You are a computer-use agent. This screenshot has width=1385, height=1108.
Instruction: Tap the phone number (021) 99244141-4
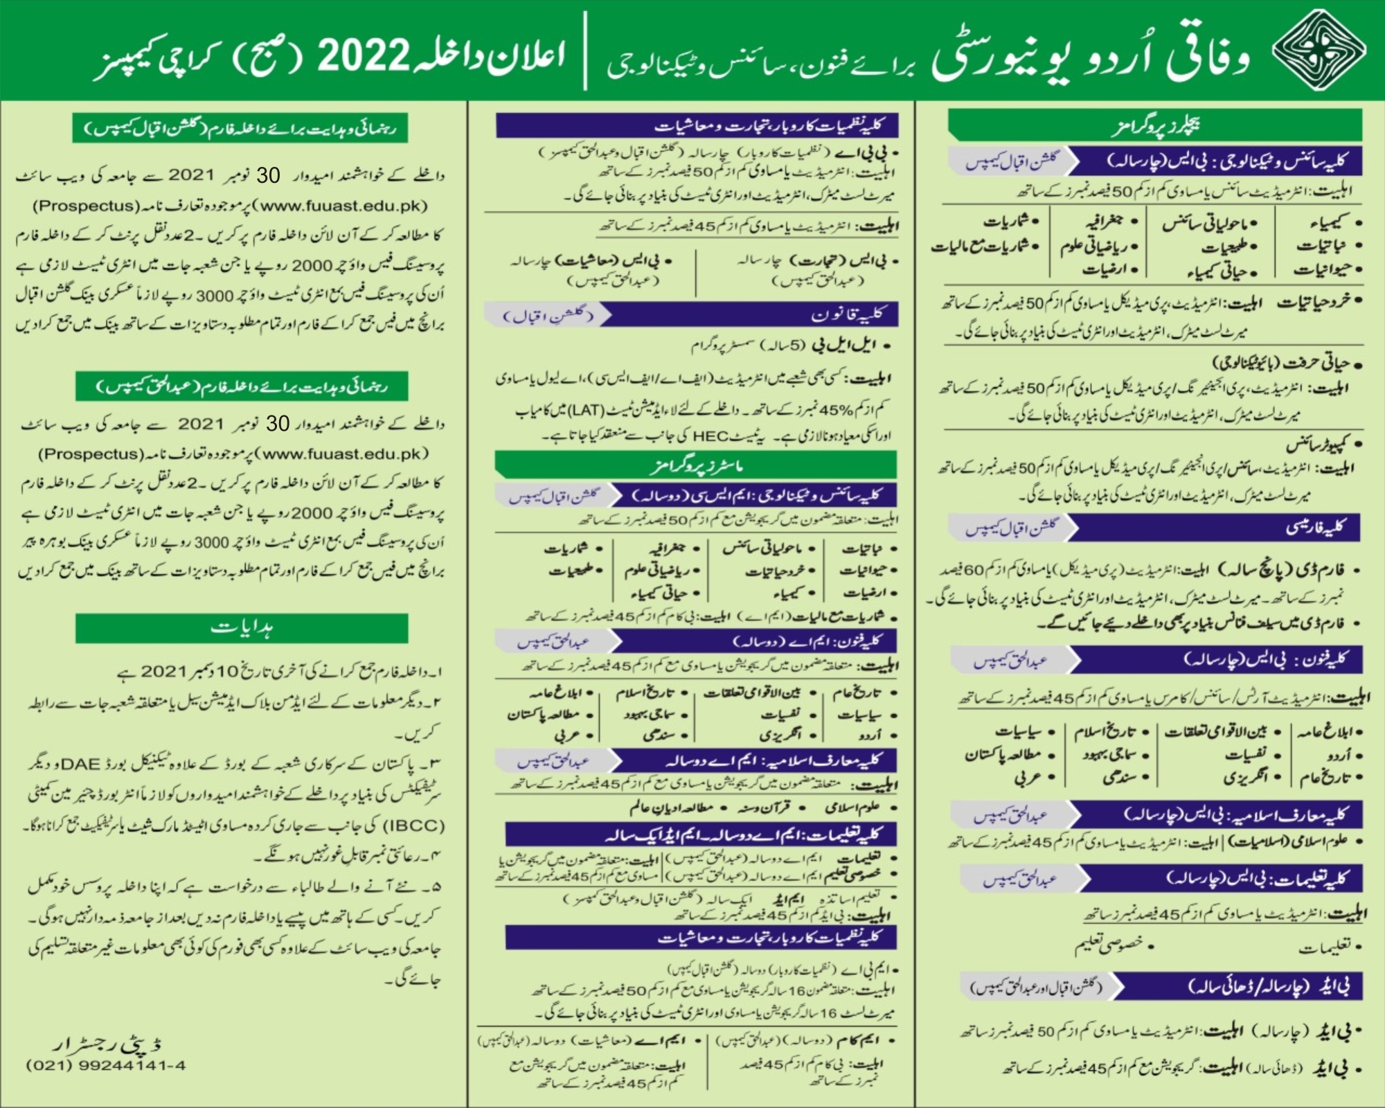[x=105, y=1066]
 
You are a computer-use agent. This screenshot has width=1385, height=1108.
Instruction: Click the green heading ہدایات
[x=242, y=628]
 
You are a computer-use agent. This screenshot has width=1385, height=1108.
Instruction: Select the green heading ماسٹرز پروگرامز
[x=696, y=465]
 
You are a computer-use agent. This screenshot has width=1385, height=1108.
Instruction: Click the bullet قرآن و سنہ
[x=768, y=807]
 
